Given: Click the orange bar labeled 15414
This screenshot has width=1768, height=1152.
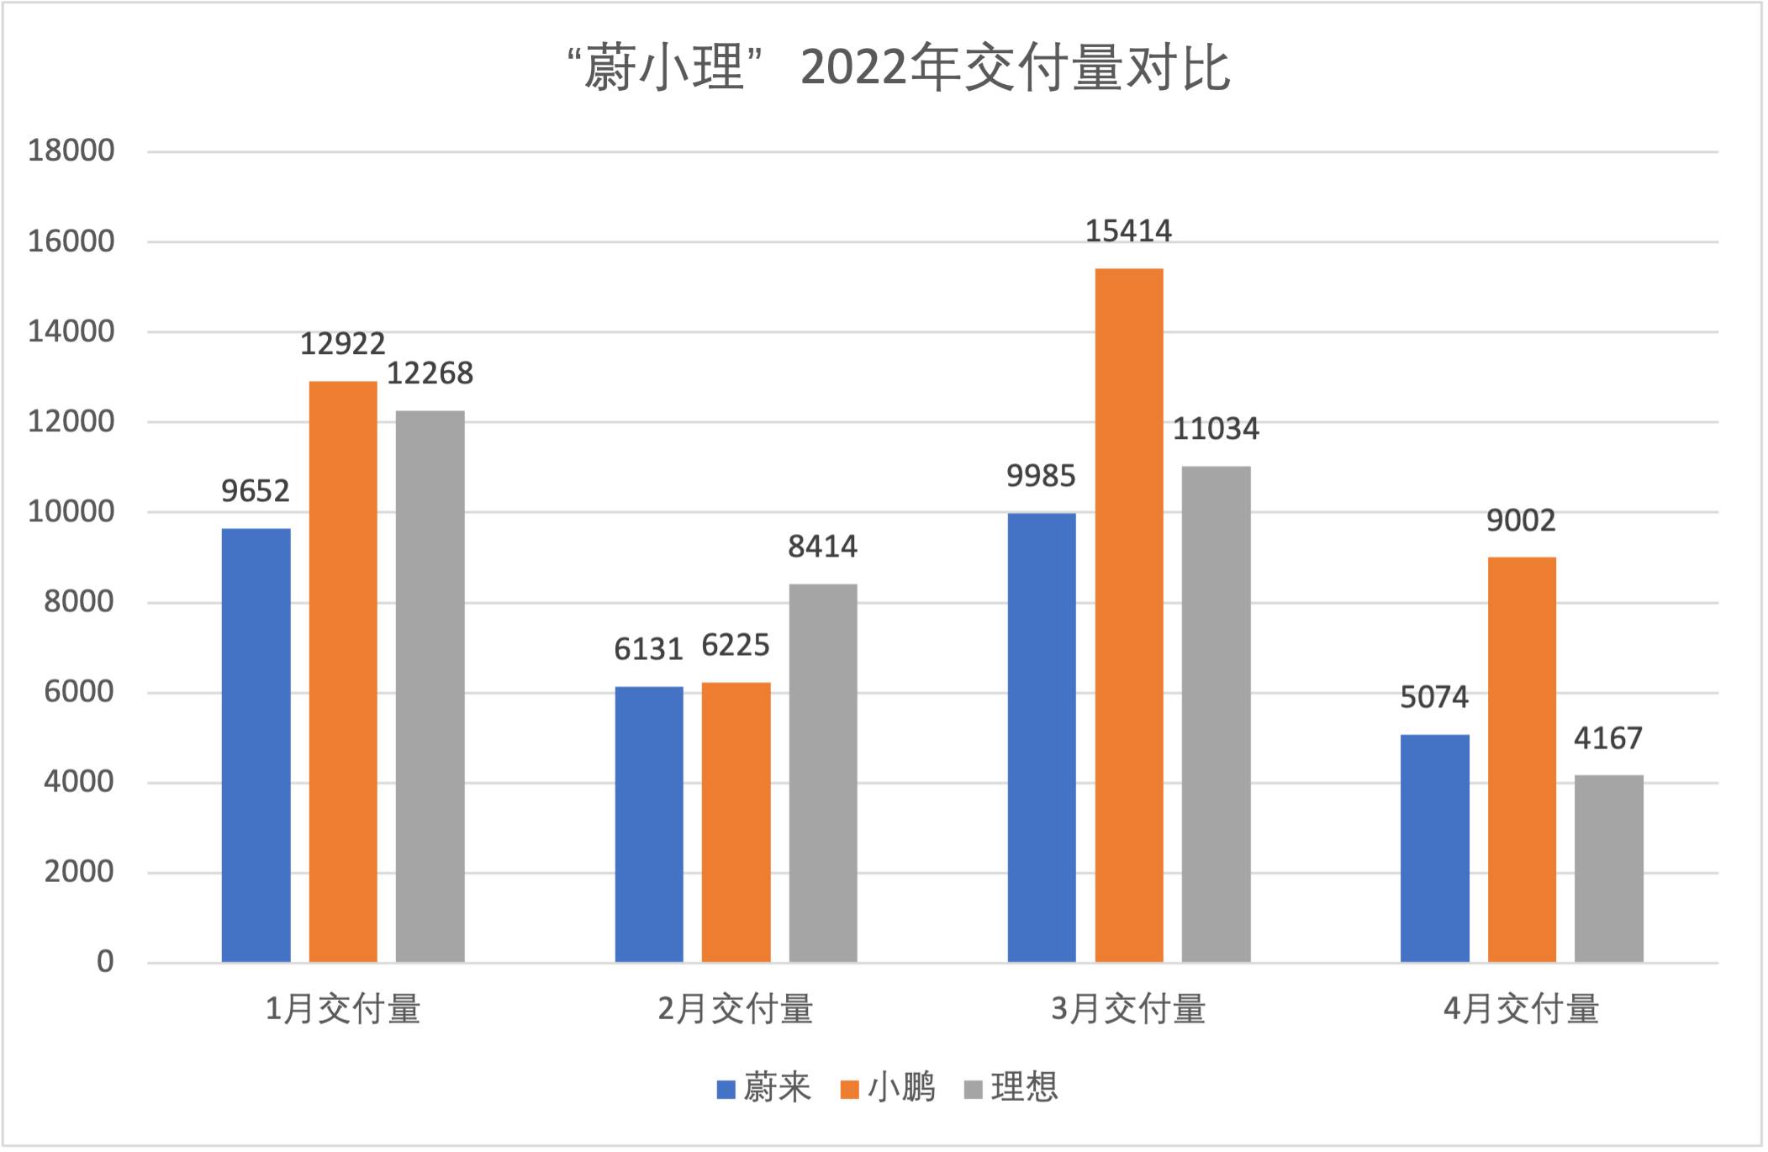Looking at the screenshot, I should (x=1128, y=615).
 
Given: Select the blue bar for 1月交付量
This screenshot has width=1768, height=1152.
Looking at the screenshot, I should (x=256, y=745).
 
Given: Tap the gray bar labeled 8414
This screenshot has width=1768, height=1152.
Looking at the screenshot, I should (x=822, y=773).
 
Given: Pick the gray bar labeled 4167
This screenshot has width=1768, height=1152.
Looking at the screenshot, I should (x=1608, y=868).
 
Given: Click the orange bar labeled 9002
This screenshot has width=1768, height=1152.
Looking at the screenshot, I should (x=1521, y=759).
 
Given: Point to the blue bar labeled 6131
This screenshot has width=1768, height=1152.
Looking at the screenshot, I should (x=648, y=824).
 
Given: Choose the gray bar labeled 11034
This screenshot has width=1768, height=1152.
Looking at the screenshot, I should (x=1216, y=714).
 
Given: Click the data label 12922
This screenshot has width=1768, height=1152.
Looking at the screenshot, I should (x=342, y=344).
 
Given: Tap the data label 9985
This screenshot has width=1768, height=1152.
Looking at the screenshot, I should (x=1041, y=477).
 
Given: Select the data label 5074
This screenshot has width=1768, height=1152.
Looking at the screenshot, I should (x=1433, y=697).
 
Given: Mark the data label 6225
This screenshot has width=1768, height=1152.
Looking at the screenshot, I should (x=736, y=646).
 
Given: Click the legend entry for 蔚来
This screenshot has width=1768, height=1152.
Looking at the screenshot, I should (x=763, y=1088).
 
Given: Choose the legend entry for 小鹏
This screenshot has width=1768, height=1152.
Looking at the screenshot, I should (x=888, y=1088).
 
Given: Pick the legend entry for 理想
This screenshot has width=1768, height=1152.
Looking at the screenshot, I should (x=1011, y=1088).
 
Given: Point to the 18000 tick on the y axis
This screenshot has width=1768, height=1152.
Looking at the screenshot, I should (x=71, y=151).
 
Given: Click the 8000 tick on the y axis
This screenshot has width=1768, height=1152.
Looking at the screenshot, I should (x=79, y=602).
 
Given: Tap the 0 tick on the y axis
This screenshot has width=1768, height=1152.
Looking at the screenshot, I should (x=105, y=962).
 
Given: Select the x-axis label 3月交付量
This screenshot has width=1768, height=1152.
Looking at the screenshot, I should (x=1128, y=1009).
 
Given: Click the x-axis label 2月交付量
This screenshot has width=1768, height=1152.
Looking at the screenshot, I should (x=736, y=1009).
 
